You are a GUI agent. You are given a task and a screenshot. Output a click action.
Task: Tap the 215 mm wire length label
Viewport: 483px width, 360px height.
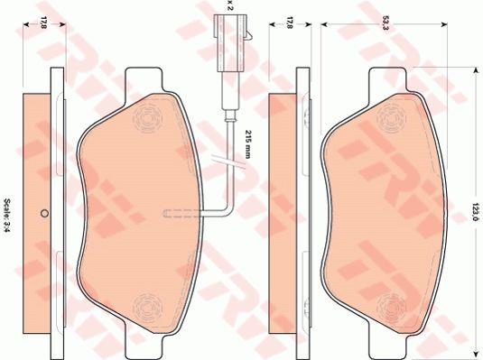pos(247,144)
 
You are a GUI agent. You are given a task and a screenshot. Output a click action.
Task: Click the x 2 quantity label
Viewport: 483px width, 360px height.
pos(229,5)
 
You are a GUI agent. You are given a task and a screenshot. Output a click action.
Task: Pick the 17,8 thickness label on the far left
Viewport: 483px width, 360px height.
pos(43,23)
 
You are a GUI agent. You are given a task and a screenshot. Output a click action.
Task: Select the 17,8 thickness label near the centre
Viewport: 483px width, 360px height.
pos(289,23)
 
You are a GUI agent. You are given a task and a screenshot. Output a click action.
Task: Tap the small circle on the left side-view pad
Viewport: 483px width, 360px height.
pos(44,213)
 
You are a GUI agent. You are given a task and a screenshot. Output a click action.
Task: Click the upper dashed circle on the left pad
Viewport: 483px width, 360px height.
pos(147,118)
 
